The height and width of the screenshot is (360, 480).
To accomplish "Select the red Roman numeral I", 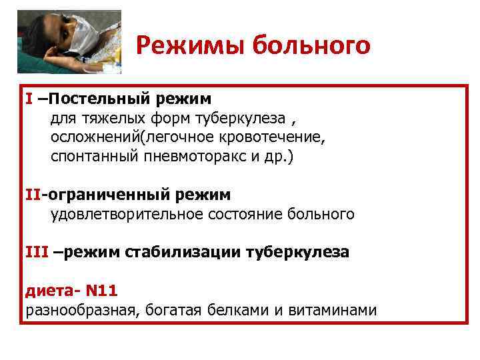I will [x=29, y=99].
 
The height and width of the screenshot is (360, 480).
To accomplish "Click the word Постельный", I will [x=100, y=99].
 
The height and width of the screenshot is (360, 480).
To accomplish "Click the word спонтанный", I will [x=93, y=157].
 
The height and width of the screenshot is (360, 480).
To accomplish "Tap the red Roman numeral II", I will [x=33, y=195].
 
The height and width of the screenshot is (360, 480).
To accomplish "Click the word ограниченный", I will [x=104, y=195].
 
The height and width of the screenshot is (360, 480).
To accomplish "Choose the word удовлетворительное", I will [x=131, y=215].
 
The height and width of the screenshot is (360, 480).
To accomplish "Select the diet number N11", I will [x=103, y=291].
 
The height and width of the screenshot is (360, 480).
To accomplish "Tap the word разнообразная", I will [x=79, y=310].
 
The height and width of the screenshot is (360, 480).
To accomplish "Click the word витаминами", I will [x=333, y=310].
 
